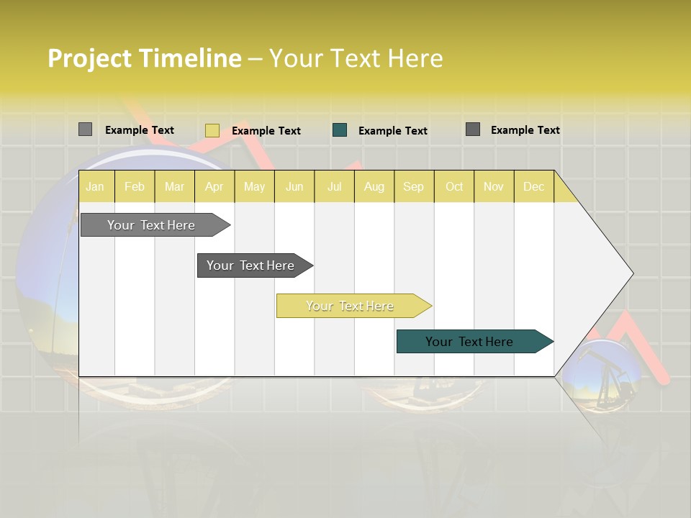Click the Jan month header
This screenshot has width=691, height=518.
coord(96,186)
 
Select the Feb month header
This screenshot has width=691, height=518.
coord(135,186)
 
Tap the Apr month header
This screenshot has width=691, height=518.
coord(214,186)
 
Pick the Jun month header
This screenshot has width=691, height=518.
coord(294,186)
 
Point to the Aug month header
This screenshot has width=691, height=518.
coord(374,186)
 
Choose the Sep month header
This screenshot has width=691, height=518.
coord(414,186)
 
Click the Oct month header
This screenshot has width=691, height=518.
coord(454,186)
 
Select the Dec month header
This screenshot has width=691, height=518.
coord(534,186)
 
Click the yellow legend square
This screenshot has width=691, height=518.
coord(212,130)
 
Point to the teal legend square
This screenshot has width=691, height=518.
coord(340,130)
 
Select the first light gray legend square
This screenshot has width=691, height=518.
coord(85,129)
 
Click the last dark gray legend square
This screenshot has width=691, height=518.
coord(473,129)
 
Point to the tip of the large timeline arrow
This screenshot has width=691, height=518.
coord(632,273)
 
